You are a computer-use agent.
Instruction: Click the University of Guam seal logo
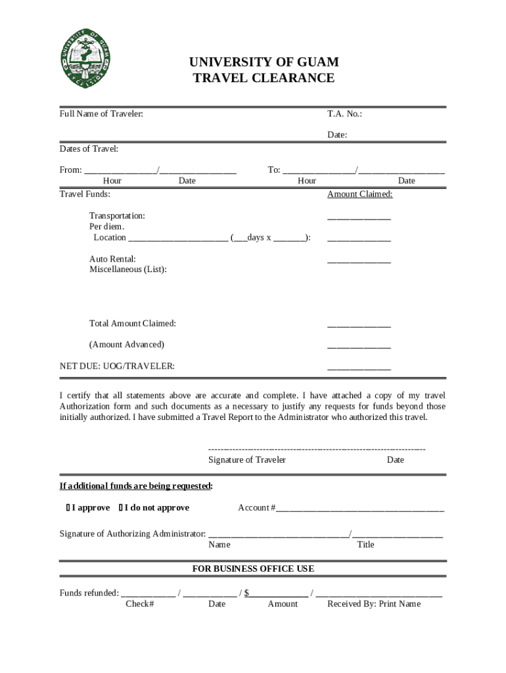pos(87,59)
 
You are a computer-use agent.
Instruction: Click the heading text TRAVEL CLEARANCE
pos(264,78)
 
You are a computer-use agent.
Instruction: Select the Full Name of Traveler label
pos(101,114)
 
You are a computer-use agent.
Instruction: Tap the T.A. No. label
pos(344,114)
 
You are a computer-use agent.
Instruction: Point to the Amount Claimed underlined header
pos(359,195)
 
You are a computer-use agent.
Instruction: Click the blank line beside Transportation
pos(359,217)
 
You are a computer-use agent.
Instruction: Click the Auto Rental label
pos(112,259)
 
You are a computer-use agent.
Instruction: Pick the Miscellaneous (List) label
pos(127,269)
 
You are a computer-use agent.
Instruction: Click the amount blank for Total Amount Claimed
pos(359,325)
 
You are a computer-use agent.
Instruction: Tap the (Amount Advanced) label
pos(127,344)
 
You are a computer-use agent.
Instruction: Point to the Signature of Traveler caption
pos(247,460)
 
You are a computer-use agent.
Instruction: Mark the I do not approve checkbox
pos(121,508)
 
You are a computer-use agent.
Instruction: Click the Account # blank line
pos(359,509)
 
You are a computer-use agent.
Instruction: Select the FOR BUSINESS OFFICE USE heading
pos(253,569)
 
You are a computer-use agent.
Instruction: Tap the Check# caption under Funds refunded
pos(139,604)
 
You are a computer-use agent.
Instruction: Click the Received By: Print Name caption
pos(374,604)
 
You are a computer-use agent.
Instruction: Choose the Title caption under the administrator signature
pos(365,545)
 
